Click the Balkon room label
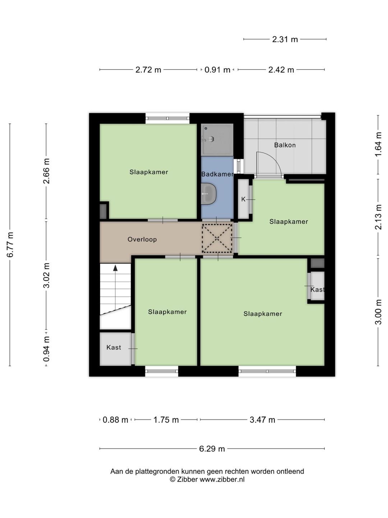285,145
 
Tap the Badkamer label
217,174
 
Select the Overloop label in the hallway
142,239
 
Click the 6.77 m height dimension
10,245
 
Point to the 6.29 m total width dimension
212,449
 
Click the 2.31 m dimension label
285,39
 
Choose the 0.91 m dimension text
217,70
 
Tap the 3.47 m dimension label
262,420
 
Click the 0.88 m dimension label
115,420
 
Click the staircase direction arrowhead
115,268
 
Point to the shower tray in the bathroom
217,140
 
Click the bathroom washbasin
209,194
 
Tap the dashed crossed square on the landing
217,238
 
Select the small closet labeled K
244,199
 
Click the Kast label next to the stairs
114,347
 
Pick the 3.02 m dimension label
46,276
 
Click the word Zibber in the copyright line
187,479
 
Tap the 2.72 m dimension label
148,70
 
